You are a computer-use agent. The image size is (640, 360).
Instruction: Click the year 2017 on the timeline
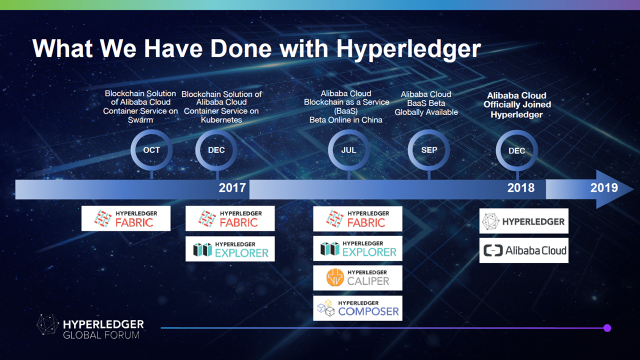tap(232, 187)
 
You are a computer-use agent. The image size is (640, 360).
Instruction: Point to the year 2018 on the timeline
tap(521, 187)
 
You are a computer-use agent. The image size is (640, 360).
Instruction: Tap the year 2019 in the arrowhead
tap(604, 187)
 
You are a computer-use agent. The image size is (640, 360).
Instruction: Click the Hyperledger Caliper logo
tap(357, 277)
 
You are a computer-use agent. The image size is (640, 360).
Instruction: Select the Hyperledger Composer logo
tap(357, 308)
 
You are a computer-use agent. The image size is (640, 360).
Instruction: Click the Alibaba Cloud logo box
tap(524, 250)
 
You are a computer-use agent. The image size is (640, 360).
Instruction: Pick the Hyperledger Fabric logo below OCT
tap(126, 218)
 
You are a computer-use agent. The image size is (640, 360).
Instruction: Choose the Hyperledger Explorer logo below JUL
tap(357, 248)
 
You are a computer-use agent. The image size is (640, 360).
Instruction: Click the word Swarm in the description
tap(140, 119)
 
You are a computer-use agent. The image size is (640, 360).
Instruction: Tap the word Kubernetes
tap(221, 119)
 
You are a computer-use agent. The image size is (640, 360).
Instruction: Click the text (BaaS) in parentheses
tap(345, 111)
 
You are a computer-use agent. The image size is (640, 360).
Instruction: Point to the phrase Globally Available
tap(426, 112)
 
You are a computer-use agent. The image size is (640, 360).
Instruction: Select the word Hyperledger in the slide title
tap(408, 49)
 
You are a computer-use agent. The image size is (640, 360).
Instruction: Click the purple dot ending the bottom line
tap(607, 328)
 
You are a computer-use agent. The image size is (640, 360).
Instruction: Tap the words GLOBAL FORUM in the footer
tap(101, 335)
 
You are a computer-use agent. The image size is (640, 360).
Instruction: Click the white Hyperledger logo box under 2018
tap(524, 221)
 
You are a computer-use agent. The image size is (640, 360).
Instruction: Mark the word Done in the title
tap(241, 48)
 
